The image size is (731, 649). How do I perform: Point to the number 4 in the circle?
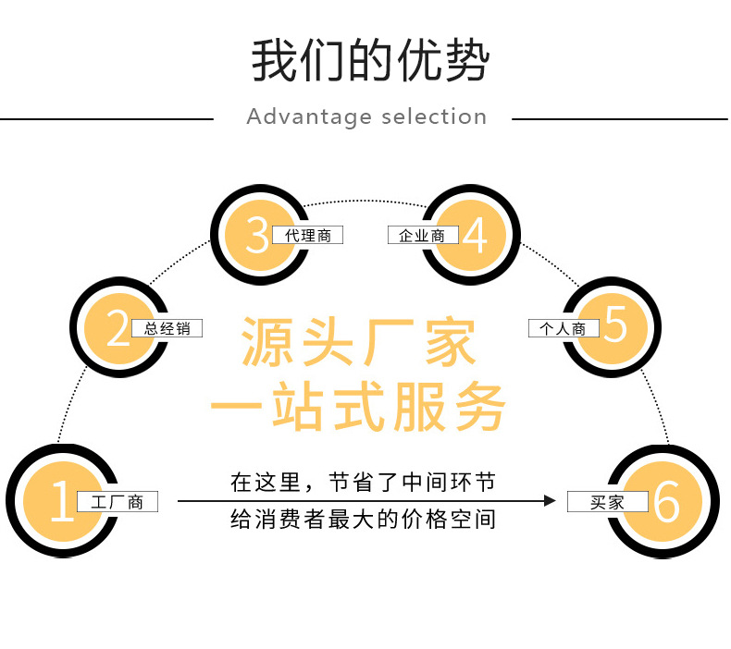475,235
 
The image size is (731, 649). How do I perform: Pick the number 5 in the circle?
614,328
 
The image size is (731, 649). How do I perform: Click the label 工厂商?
118,502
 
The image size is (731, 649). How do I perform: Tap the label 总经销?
167,328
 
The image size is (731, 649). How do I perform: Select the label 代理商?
308,236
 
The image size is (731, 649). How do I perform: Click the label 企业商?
422,236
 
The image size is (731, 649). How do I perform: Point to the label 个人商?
564,328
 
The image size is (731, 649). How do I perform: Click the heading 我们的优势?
369,61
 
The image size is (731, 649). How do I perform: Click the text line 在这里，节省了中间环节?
363,482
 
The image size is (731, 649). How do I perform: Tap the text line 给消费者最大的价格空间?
363,520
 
